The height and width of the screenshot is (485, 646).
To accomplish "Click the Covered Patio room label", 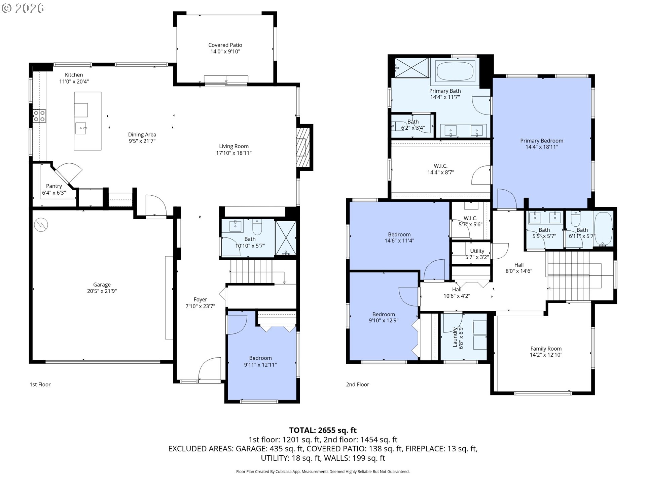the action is coord(225,45).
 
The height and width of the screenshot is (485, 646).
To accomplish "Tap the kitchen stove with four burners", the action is coord(39,116).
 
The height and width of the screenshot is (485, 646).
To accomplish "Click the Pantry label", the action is coord(54,186).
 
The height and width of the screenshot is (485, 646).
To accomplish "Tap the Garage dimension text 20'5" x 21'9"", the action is coord(102,291).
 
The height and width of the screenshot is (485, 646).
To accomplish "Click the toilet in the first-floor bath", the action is coord(257,227).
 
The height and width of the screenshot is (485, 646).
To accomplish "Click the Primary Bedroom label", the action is coord(542,141).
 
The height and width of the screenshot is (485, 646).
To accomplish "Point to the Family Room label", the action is coord(546,349).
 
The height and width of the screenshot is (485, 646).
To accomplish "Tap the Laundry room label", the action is coord(455,337).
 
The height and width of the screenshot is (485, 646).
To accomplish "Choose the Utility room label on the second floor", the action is coord(477,251).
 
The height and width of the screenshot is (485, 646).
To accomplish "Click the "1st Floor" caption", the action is coord(40,384).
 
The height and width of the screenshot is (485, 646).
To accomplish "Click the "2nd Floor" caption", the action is coord(357,384).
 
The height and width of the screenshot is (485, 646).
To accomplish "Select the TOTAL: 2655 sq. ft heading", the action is coord(323,430).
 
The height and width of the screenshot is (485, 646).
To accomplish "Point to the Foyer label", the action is coord(200,299).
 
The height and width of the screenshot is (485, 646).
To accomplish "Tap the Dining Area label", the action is coord(142,135).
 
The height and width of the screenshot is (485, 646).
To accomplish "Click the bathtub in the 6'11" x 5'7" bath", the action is coord(603,228).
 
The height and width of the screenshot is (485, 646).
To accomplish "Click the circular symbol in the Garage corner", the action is coord(41,225).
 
